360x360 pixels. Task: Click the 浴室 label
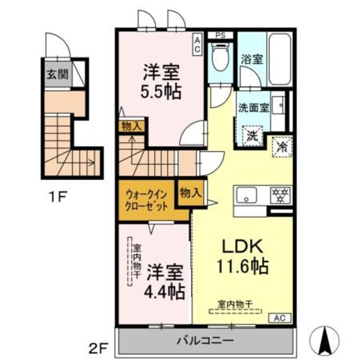(252, 59)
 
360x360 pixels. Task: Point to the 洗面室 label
(253, 109)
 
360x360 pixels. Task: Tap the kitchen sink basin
(247, 196)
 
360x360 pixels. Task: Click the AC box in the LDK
(279, 319)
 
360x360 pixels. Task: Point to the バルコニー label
(205, 342)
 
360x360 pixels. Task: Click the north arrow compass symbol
(324, 339)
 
